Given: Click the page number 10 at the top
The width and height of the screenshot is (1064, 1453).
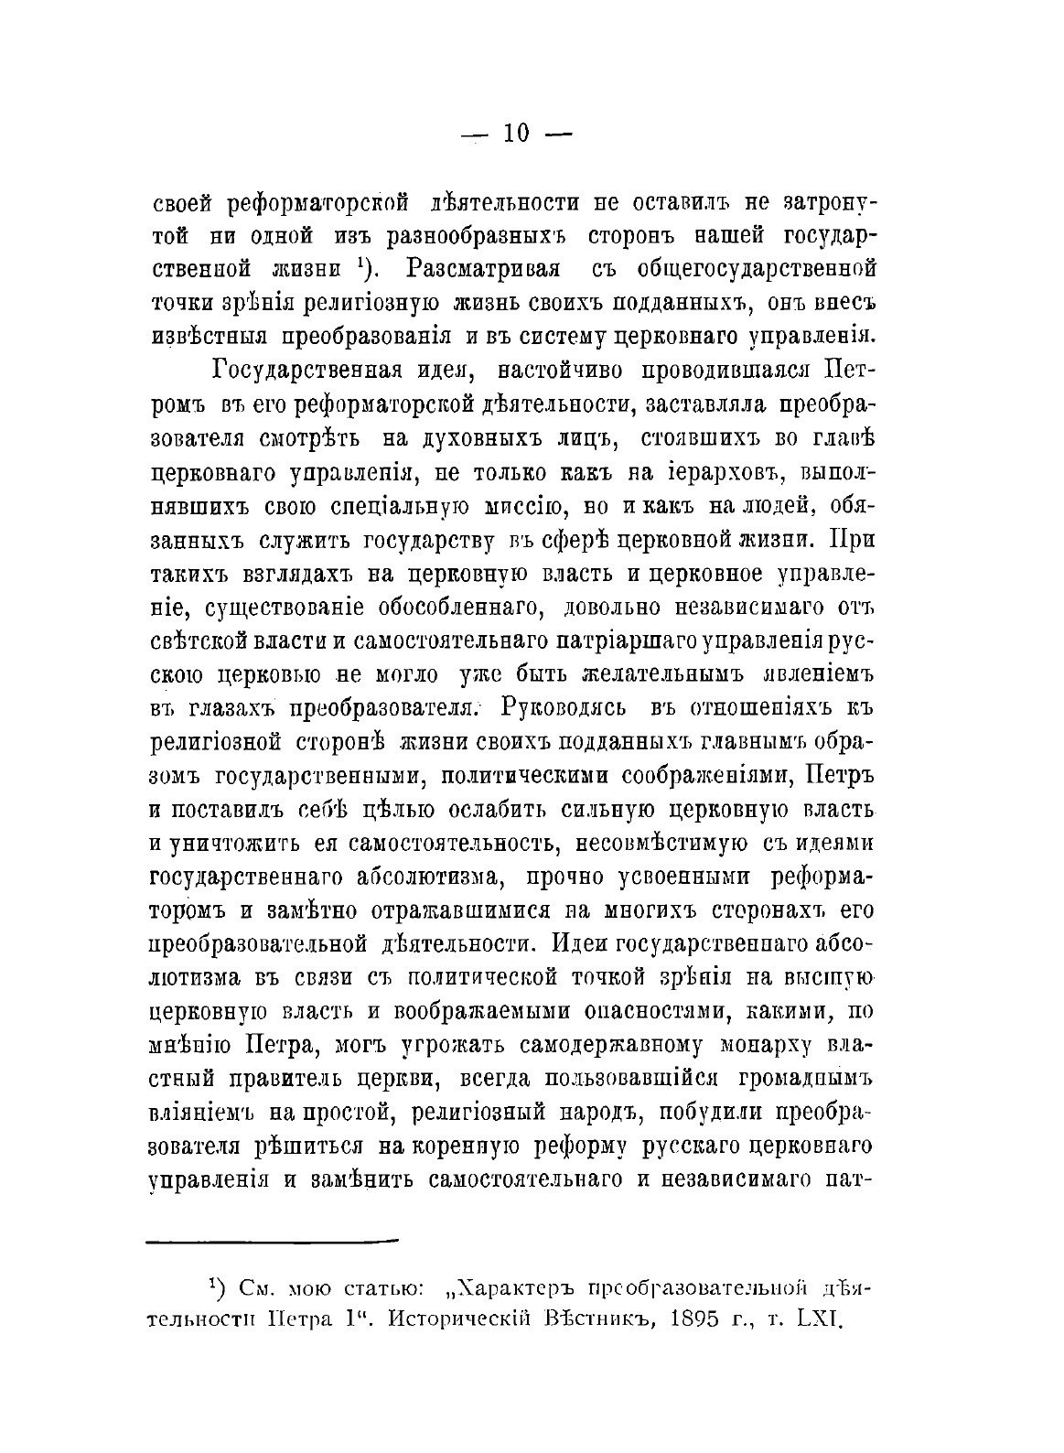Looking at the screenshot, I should click(x=515, y=134).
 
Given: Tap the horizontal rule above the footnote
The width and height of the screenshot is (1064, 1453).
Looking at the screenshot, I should click(x=273, y=1240).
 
